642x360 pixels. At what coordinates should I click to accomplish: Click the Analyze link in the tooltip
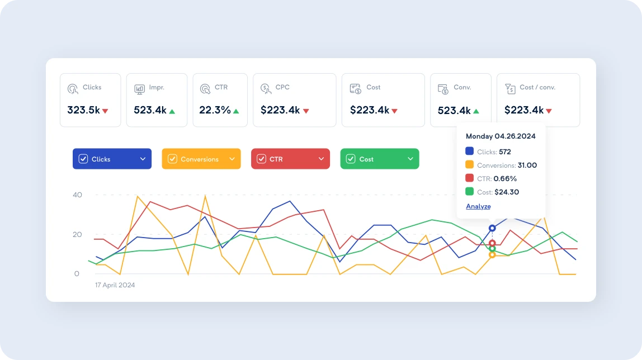point(478,206)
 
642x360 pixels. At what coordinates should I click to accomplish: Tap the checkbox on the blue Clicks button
point(83,159)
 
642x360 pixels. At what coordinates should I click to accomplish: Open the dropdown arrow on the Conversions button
point(232,159)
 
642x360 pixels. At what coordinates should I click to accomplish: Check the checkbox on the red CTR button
point(261,159)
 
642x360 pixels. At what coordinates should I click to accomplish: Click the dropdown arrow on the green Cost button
point(410,159)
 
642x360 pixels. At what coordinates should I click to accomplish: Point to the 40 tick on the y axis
point(77,195)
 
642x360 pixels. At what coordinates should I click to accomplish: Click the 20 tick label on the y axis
point(77,235)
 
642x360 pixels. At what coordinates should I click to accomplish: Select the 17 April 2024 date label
point(115,285)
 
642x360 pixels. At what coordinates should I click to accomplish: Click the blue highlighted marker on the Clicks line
point(492,228)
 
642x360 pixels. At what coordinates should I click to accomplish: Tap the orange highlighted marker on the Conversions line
point(492,255)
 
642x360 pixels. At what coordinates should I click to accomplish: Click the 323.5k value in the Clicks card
point(83,110)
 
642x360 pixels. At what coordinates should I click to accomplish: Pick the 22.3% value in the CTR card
point(215,110)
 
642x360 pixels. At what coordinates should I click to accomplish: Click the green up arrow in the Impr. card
point(172,111)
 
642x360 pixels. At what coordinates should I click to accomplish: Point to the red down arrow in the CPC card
point(306,111)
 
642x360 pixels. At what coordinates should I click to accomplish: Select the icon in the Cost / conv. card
point(509,88)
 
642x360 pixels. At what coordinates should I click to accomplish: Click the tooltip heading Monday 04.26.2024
point(501,136)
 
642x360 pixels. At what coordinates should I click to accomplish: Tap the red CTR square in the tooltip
point(470,178)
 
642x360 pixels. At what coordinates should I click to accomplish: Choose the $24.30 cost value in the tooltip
point(507,192)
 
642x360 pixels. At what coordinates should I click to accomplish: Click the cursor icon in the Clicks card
point(73,88)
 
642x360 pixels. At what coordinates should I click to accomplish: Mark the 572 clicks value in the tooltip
point(505,151)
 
